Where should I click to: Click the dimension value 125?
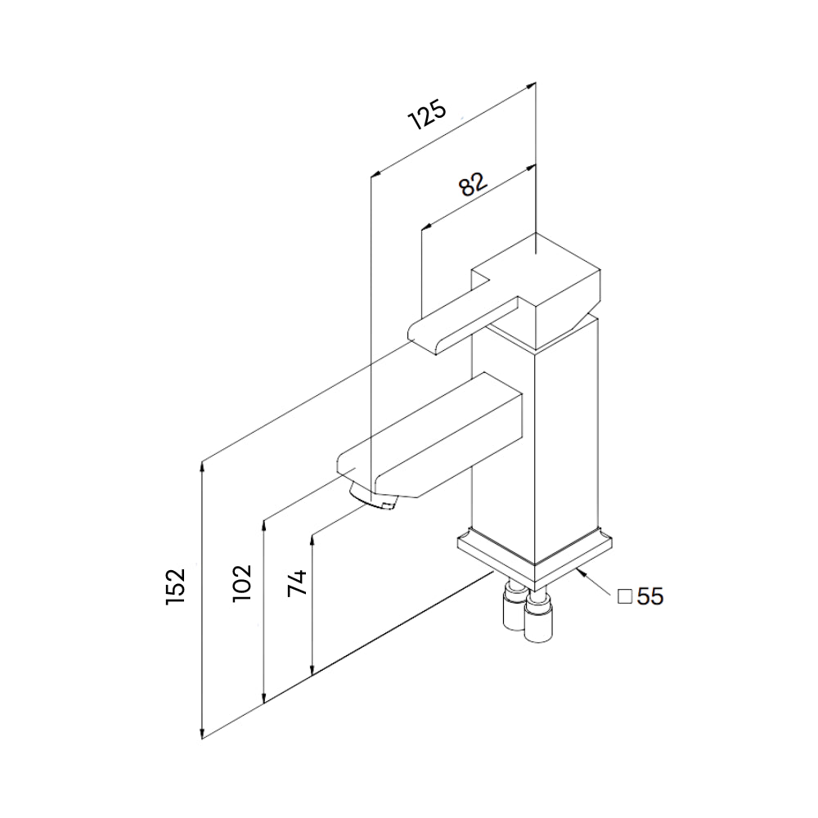(x=428, y=116)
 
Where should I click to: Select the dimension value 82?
(x=473, y=185)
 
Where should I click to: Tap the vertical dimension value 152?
(x=176, y=586)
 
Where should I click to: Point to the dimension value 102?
(x=241, y=583)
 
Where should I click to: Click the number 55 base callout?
(x=650, y=596)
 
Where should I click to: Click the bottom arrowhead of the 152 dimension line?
(x=203, y=734)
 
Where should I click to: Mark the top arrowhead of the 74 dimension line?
(x=313, y=537)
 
